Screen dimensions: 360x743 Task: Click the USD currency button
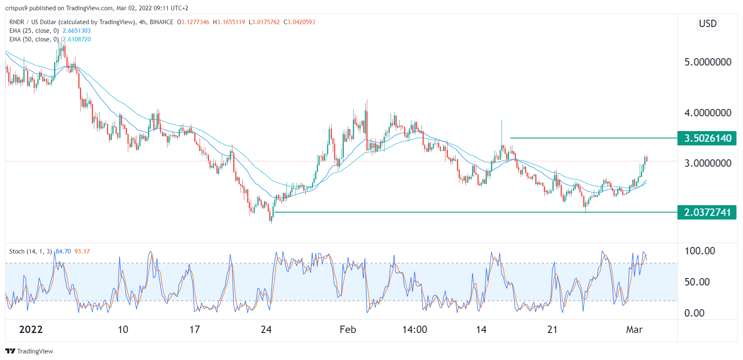click(x=708, y=24)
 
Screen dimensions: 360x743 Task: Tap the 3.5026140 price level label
click(x=707, y=138)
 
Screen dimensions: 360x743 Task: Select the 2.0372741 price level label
click(x=707, y=213)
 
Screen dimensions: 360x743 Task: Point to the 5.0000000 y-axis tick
click(x=708, y=62)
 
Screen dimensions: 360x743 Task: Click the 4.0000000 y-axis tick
click(x=708, y=113)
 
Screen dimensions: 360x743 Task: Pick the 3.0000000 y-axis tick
click(x=708, y=163)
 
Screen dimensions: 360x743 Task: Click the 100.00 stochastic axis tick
click(x=700, y=251)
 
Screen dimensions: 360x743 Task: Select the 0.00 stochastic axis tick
click(x=694, y=313)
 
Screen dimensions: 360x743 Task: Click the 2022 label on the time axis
click(x=31, y=330)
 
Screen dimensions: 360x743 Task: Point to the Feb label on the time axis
click(x=348, y=330)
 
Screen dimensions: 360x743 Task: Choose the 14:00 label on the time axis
click(x=414, y=330)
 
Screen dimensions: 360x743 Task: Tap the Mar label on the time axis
click(x=634, y=330)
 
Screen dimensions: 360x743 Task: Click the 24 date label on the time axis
click(x=266, y=330)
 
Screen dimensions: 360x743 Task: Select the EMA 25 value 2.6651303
click(x=77, y=31)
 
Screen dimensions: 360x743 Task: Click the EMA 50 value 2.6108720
click(x=77, y=39)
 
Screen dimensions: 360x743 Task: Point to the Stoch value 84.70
click(x=63, y=251)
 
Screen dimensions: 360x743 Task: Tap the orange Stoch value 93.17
click(x=82, y=251)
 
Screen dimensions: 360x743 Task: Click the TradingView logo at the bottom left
click(x=30, y=351)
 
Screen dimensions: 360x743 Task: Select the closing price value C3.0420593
click(x=300, y=22)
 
